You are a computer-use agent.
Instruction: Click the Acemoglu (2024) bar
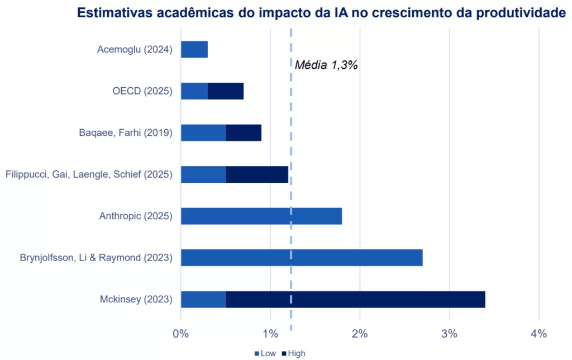tap(194, 49)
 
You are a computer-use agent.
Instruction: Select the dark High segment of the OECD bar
tap(226, 91)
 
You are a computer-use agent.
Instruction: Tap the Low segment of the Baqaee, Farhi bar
tap(203, 132)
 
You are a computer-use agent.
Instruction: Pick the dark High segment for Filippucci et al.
tap(257, 174)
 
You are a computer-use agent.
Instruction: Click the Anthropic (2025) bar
tap(261, 216)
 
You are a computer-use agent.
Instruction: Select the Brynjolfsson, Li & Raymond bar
tap(302, 258)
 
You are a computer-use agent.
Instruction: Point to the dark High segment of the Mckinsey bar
tap(355, 299)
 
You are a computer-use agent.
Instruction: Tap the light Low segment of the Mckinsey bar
tap(203, 299)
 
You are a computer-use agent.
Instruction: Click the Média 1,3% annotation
tap(326, 65)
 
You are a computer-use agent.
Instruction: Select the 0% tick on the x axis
tap(181, 334)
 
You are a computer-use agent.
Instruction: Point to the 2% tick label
tap(360, 334)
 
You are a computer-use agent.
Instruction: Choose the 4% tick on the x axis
tap(538, 334)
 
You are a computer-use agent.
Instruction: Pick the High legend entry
tap(294, 353)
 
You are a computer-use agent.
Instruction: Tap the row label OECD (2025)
tap(142, 91)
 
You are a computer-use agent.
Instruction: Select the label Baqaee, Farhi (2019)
tap(126, 132)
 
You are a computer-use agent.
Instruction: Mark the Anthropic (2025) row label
tap(136, 216)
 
